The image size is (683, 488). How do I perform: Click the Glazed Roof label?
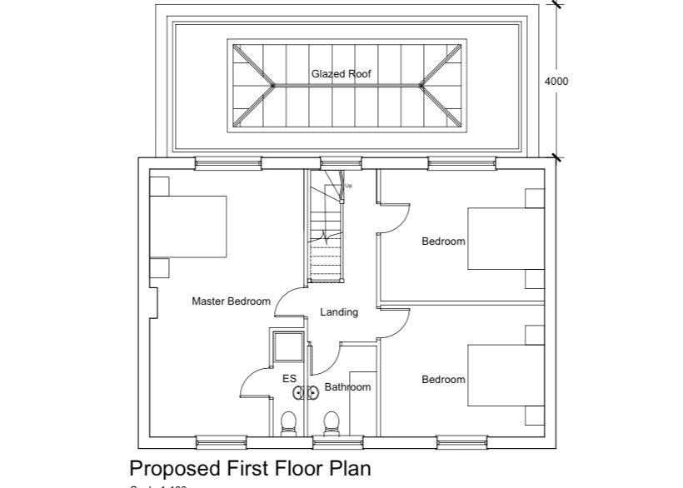point(341,74)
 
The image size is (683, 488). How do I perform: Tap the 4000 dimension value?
point(556,82)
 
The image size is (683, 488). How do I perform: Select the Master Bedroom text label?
point(231,301)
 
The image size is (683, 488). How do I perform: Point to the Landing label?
point(339,312)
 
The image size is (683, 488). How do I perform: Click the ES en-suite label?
point(289,379)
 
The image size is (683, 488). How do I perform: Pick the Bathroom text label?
point(347,387)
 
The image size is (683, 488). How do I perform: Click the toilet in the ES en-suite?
point(289,423)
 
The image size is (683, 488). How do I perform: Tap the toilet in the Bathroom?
point(332,423)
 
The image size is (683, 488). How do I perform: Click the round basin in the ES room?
point(302,391)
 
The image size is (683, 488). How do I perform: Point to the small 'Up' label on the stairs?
point(348,186)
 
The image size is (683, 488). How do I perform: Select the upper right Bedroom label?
point(443,242)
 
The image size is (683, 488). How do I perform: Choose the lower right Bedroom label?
point(443,380)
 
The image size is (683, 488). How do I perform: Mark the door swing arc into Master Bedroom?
point(287,300)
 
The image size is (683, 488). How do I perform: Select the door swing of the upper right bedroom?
point(396,218)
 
